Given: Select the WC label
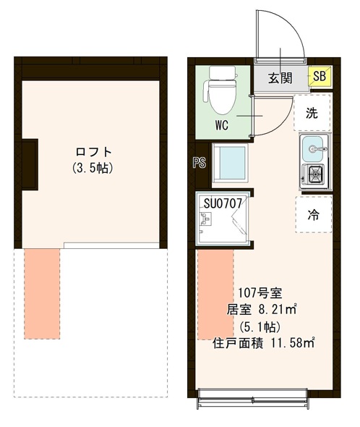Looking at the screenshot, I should point(221,124).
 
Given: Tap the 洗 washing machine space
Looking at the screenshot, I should point(312,113).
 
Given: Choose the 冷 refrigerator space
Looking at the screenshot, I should point(312,214).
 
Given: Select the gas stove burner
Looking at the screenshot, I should point(315,174).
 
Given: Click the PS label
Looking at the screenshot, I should point(199,163).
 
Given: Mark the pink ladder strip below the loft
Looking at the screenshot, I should point(43,293).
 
